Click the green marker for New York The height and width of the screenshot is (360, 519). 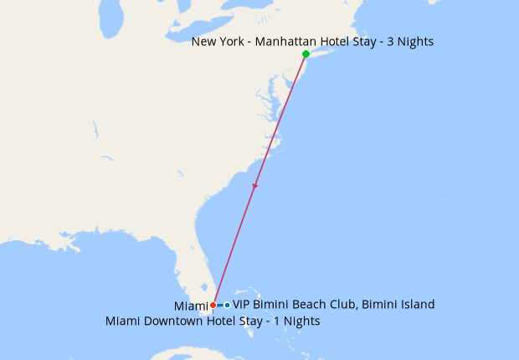(306, 54)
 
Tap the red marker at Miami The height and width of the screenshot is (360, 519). (213, 305)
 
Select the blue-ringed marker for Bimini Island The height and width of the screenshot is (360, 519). (227, 305)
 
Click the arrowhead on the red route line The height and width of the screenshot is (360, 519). (254, 187)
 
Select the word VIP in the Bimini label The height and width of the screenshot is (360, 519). (242, 305)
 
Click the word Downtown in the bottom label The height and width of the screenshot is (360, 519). (172, 321)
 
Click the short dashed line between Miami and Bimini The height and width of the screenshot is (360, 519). (220, 305)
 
